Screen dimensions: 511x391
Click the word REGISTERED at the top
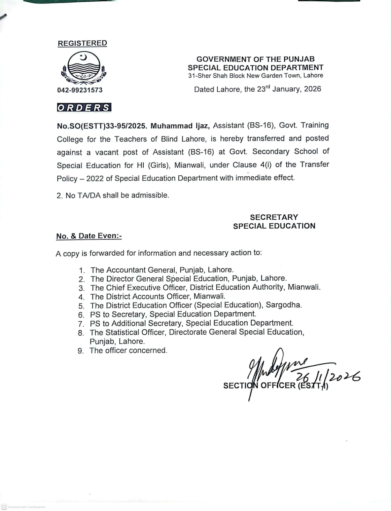point(82,43)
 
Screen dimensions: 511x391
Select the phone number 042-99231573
point(80,90)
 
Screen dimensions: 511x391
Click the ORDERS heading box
point(84,108)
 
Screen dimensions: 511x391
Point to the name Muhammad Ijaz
point(180,126)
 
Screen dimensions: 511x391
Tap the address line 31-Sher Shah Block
point(255,76)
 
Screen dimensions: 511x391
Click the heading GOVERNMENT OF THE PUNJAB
point(255,59)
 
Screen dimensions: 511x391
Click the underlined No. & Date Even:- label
point(89,236)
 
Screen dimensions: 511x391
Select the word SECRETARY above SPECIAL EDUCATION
point(274,217)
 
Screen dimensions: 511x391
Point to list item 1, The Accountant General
point(162,270)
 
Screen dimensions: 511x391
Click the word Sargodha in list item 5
point(283,305)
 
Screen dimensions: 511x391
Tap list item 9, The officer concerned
point(128,350)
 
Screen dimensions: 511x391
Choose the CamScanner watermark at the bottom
point(24,507)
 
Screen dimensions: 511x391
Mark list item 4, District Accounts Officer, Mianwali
point(158,296)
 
